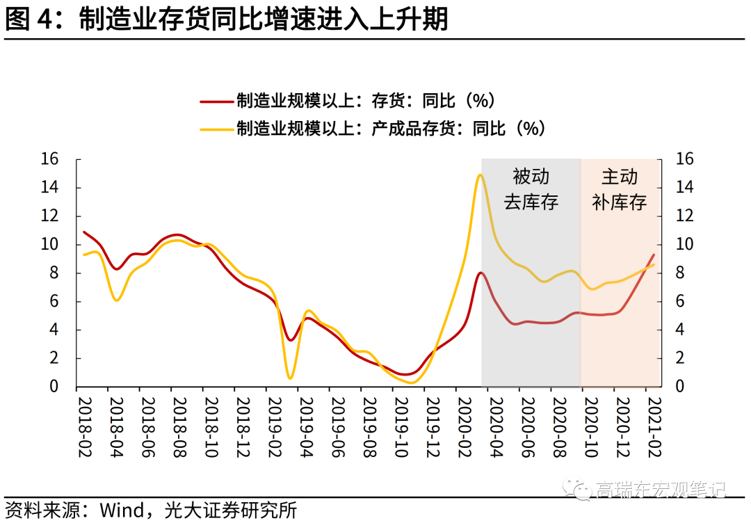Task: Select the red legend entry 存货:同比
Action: click(348, 101)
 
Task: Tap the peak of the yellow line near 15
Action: click(480, 175)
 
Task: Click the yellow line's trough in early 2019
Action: click(290, 378)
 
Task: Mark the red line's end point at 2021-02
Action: click(654, 255)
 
